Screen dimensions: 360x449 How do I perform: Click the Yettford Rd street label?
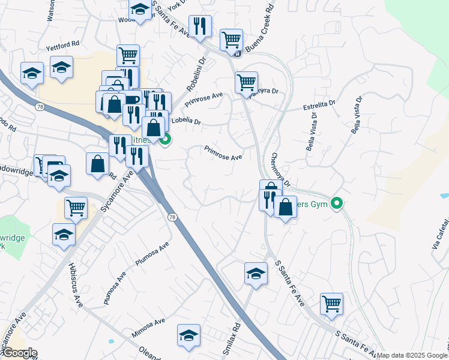62,44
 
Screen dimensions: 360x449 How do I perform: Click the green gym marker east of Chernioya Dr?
337,204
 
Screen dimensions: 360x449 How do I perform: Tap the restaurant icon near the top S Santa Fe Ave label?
199,26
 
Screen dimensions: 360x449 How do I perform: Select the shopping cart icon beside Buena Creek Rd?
231,40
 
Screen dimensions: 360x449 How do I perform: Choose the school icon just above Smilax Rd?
256,274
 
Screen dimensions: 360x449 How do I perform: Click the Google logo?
19,353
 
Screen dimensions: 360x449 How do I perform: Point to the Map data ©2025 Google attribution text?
412,355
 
